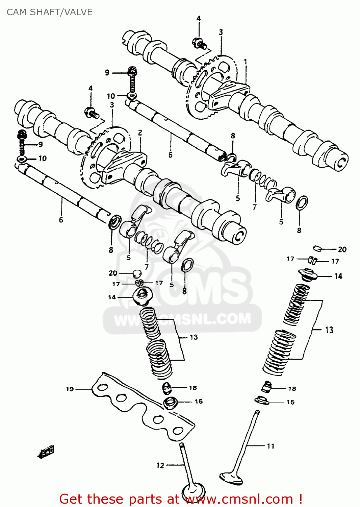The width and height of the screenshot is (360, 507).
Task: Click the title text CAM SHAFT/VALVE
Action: (50, 12)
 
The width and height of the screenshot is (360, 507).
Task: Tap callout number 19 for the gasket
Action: (70, 389)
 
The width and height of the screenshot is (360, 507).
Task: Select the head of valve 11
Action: (231, 478)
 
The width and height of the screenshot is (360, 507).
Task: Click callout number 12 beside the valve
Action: (160, 465)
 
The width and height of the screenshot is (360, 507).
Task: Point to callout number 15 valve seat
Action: (290, 402)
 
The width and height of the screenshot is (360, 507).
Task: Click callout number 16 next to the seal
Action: (199, 402)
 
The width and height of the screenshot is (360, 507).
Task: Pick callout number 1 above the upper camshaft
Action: (246, 62)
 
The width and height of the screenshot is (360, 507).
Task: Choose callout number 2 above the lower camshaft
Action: (140, 133)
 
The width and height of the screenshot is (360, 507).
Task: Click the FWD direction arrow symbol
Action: (46, 452)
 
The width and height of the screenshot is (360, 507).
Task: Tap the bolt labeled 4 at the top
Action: (200, 44)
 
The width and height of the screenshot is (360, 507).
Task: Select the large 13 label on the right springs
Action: (329, 330)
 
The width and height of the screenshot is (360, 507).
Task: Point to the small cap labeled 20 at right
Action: (317, 249)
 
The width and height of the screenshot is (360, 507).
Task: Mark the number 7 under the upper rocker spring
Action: (255, 207)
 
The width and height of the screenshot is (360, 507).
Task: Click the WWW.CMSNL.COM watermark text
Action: (182, 319)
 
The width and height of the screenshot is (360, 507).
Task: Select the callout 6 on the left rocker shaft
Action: (61, 220)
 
